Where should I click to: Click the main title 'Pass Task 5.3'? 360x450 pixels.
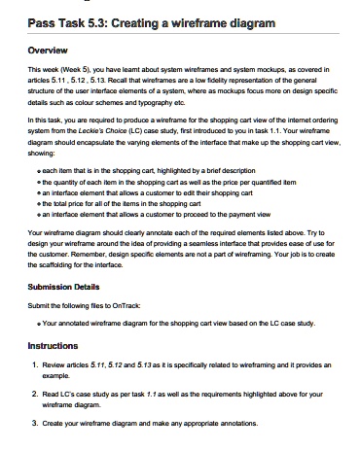pos(74,20)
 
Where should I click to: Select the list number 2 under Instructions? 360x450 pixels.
pos(35,395)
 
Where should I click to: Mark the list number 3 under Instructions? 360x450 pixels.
pos(35,426)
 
